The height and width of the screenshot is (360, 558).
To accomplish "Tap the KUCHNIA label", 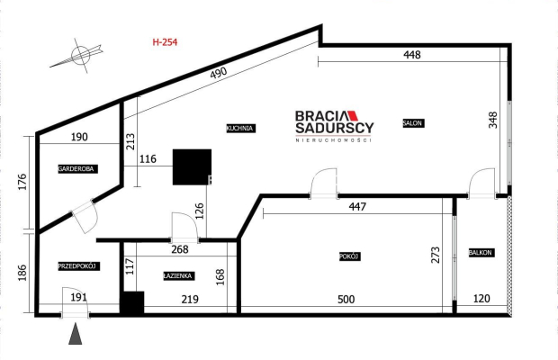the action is [241, 128].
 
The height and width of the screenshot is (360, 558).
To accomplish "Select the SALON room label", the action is [413, 123].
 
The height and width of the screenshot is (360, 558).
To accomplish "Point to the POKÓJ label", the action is [350, 256].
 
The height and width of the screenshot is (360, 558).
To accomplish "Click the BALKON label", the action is [481, 253].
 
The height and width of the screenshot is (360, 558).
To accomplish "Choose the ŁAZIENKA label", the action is [178, 275].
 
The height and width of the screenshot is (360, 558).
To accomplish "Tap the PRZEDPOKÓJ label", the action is [79, 266].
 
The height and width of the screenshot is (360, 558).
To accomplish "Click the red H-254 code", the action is [165, 42].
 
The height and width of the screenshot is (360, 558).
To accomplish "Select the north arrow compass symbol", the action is [81, 56].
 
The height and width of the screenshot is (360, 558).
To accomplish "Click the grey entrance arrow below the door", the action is [75, 334].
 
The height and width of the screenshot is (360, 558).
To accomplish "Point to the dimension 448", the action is [412, 54].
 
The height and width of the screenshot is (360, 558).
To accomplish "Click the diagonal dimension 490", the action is [218, 73].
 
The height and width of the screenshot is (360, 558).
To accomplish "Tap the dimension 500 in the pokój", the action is [346, 300].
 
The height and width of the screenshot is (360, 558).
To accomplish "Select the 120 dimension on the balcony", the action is [481, 299].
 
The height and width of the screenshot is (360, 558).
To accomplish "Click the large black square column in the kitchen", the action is [193, 166].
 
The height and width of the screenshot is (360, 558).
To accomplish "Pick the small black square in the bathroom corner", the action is [132, 302].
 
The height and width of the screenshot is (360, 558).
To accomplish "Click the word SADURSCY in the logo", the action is [335, 128].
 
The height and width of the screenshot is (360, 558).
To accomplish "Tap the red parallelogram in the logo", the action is [353, 115].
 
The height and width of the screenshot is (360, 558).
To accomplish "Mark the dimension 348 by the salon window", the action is [493, 120].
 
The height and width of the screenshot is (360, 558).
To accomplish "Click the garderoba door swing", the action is [85, 216].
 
